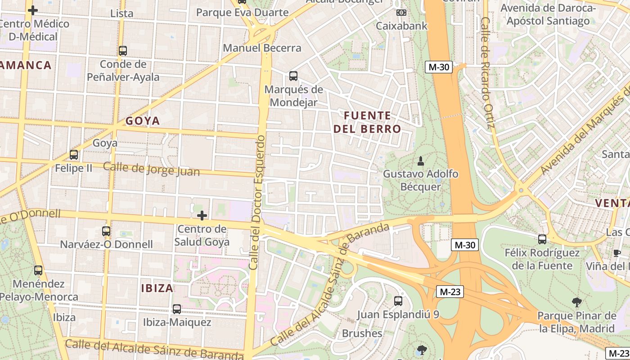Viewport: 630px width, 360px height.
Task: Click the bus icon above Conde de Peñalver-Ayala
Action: [123, 51]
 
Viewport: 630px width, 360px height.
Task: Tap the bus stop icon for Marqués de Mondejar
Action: [293, 76]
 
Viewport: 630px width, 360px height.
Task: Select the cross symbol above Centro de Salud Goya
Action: [202, 216]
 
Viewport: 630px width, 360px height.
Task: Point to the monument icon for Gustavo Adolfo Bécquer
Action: [421, 161]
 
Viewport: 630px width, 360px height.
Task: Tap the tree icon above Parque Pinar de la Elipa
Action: [576, 302]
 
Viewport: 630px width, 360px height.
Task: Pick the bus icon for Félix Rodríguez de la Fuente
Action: [542, 239]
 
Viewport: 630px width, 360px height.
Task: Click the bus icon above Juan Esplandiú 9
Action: [398, 301]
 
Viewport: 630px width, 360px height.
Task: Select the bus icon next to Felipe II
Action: [74, 155]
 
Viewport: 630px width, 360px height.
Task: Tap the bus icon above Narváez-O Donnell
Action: [106, 231]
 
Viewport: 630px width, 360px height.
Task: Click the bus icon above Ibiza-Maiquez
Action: [177, 309]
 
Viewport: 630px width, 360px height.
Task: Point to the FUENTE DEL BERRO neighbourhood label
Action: [367, 122]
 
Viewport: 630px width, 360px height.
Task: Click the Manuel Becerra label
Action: [262, 48]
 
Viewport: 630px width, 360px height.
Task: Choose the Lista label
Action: [121, 13]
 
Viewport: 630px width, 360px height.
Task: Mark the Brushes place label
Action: [362, 333]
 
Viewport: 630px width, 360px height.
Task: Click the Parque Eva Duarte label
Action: [242, 13]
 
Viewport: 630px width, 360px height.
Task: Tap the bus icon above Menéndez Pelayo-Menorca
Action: [38, 270]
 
